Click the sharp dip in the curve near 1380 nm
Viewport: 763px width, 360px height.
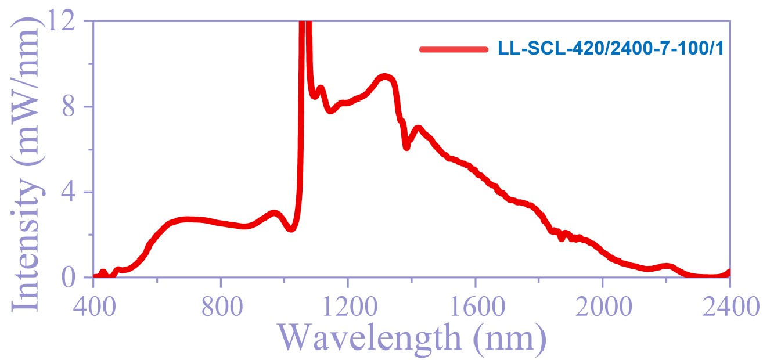click(406, 147)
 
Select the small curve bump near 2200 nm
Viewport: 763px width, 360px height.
click(668, 267)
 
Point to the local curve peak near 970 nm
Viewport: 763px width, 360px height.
click(274, 213)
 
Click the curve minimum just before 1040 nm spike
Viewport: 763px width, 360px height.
click(291, 229)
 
